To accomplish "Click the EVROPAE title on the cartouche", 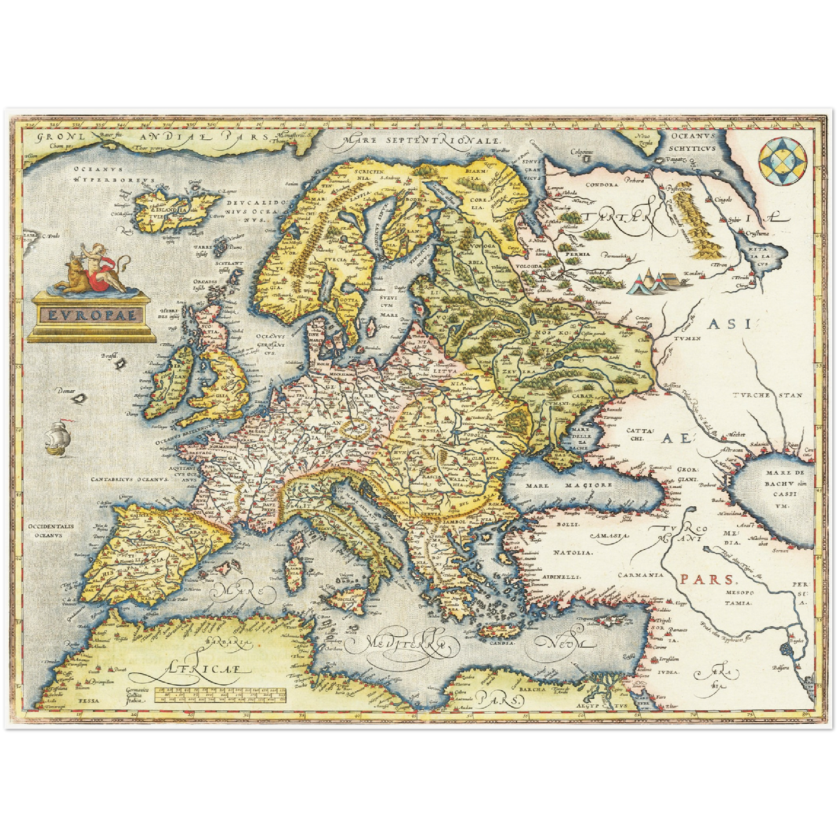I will click(92, 315).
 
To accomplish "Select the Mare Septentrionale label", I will click(421, 140).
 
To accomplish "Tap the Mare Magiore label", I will click(569, 485).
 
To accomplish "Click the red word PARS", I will click(706, 579).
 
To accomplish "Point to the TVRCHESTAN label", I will click(767, 395).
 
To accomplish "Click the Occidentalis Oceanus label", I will click(50, 531).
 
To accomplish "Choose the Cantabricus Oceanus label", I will click(129, 480).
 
